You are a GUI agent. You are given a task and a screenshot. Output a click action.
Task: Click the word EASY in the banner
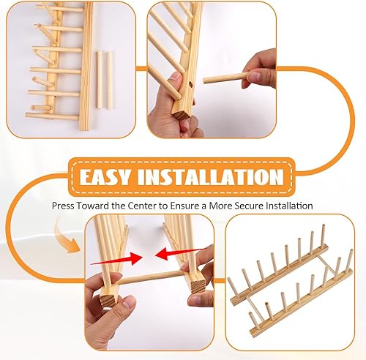point(105,177)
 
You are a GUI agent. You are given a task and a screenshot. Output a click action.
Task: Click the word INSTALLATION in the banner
point(211,177)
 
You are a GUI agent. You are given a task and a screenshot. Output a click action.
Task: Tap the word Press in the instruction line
point(63,206)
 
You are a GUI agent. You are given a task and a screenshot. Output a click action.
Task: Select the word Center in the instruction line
point(142,206)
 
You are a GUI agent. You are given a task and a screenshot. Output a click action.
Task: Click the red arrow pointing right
point(116,259)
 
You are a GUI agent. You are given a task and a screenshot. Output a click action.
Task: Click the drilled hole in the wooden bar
point(190,84)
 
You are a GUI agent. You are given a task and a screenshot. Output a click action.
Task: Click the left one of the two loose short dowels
point(100,80)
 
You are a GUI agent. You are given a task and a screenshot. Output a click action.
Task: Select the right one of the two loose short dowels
point(110,80)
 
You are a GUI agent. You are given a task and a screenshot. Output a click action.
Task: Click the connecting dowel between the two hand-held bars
point(150,277)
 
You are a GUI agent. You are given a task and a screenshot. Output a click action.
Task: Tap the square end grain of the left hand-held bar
point(108,299)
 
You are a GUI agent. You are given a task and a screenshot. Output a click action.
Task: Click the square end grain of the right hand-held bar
point(198,286)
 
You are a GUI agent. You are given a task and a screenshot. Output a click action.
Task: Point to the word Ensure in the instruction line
point(184,206)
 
